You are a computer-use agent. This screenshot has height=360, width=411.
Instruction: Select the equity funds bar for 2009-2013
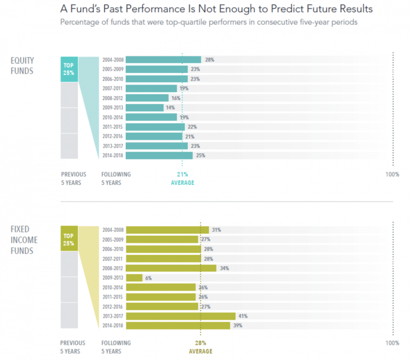[144, 108]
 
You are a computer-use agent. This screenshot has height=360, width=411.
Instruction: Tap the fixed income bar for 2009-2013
[134, 278]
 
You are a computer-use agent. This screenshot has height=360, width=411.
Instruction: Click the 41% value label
[242, 316]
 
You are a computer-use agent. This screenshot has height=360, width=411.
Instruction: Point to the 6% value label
[149, 278]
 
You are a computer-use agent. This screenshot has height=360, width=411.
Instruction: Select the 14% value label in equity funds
[171, 108]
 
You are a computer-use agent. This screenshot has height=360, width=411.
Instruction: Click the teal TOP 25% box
[69, 69]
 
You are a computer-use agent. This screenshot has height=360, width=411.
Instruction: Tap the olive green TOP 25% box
[69, 239]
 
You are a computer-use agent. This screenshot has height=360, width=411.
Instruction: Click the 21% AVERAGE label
[182, 178]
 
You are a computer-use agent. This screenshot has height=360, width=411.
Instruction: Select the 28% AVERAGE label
[200, 347]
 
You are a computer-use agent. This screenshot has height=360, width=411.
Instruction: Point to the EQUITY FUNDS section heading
[22, 65]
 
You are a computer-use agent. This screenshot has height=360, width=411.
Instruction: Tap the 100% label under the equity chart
[392, 175]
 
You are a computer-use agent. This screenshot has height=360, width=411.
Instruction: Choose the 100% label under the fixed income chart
[392, 343]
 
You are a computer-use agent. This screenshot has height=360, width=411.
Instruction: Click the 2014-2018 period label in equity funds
[113, 155]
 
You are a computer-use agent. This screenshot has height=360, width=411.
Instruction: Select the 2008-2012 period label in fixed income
[113, 268]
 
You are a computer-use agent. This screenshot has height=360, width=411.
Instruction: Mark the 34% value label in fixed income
[223, 268]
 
